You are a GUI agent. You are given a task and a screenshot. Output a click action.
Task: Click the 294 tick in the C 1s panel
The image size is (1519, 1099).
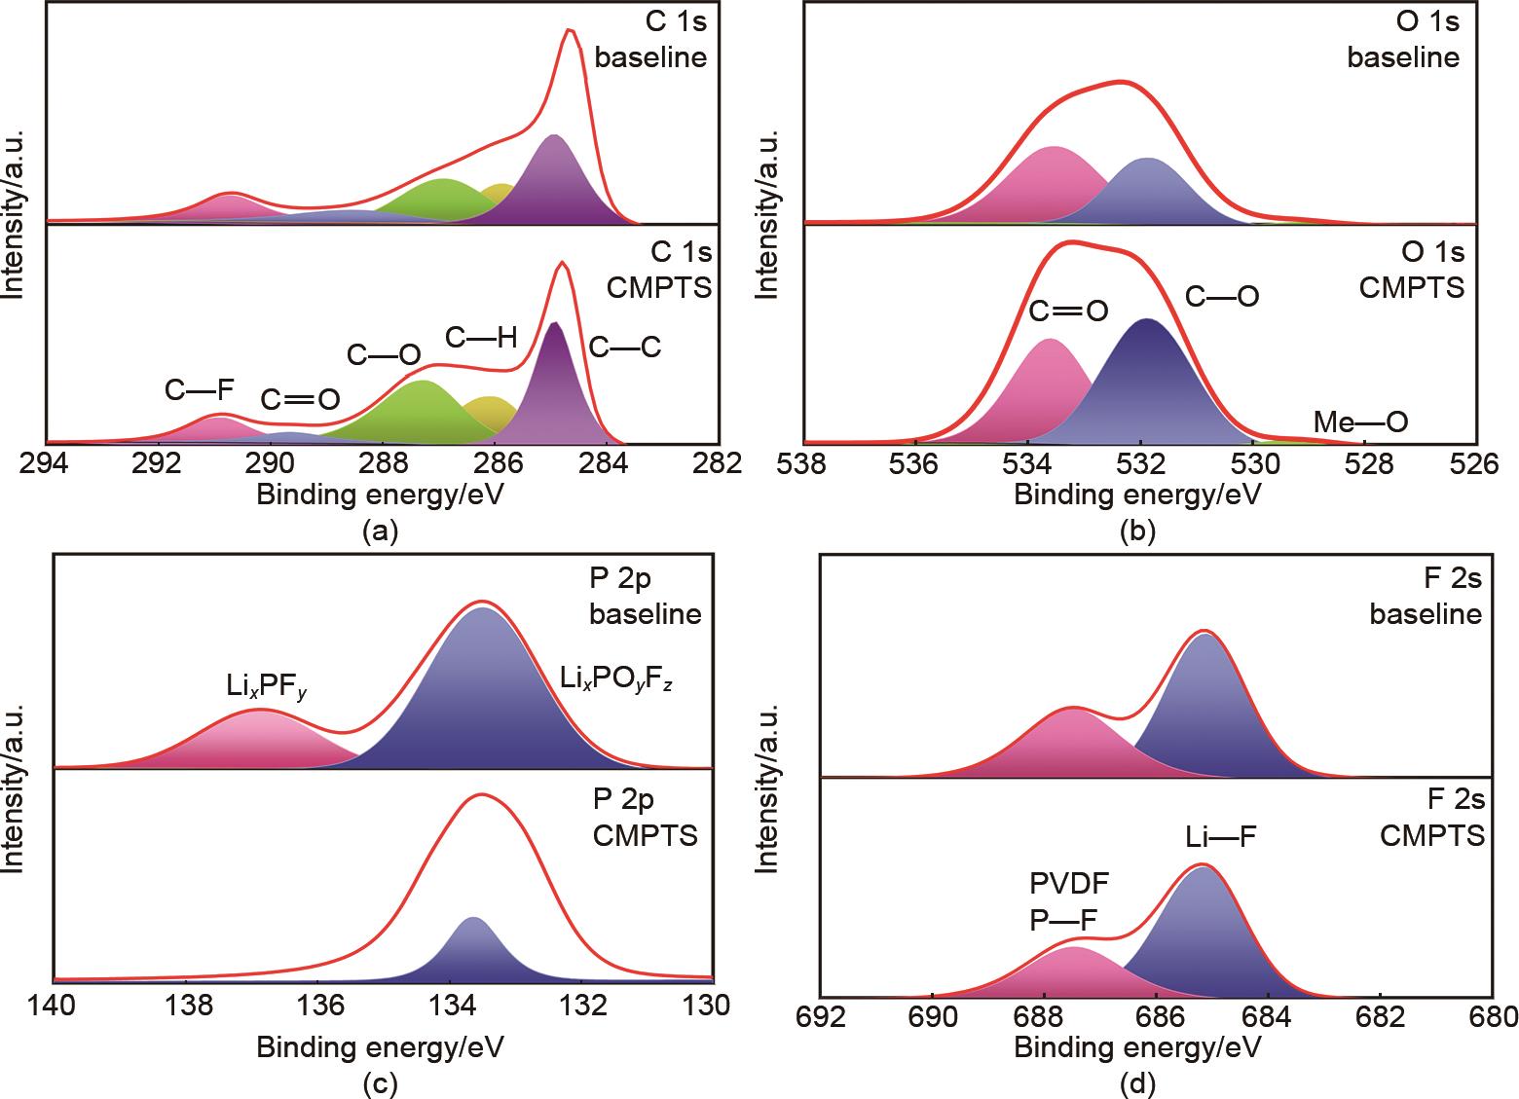coord(47,463)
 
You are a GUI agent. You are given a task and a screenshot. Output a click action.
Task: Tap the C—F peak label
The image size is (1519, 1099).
coord(200,390)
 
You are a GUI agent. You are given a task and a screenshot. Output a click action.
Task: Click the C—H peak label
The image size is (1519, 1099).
coord(481,338)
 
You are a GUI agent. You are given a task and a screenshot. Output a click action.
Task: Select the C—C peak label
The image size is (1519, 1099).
coord(623,347)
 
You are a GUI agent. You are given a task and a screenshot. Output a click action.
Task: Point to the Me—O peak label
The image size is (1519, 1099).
coord(1360,422)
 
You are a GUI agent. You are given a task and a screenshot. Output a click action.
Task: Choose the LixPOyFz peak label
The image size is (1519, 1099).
coord(617,680)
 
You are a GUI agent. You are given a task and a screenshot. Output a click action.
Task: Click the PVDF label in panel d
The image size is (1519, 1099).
coord(1069,883)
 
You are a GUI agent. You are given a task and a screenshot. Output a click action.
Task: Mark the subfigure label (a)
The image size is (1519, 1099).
coord(380,531)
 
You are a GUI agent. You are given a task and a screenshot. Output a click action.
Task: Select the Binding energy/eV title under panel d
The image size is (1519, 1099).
coord(1137,1047)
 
